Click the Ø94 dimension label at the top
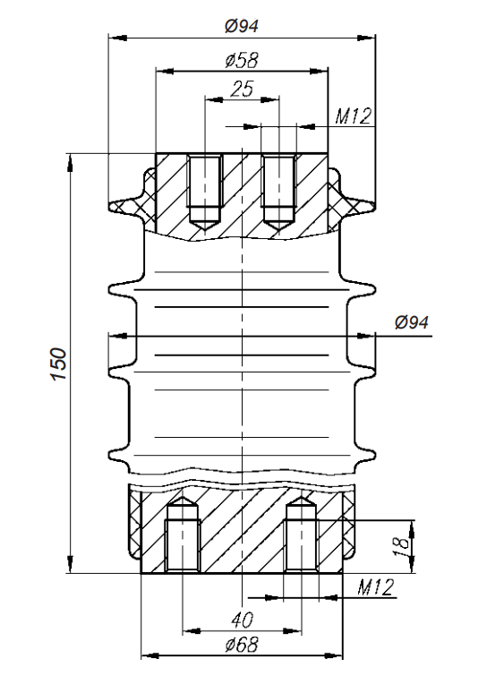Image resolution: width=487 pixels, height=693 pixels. coord(241,26)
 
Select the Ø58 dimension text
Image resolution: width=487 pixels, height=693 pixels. coord(242,60)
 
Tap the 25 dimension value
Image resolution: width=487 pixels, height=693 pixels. coord(243,89)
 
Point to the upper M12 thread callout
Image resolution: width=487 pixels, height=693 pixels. coord(353,116)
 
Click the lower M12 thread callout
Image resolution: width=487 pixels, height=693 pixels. coord(375,587)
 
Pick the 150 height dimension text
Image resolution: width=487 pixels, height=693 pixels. coord(59,364)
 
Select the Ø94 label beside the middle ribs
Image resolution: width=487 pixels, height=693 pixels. coord(412,322)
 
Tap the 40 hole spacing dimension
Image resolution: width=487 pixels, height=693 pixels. coord(243,620)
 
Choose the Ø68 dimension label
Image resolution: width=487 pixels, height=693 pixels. coord(242,645)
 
